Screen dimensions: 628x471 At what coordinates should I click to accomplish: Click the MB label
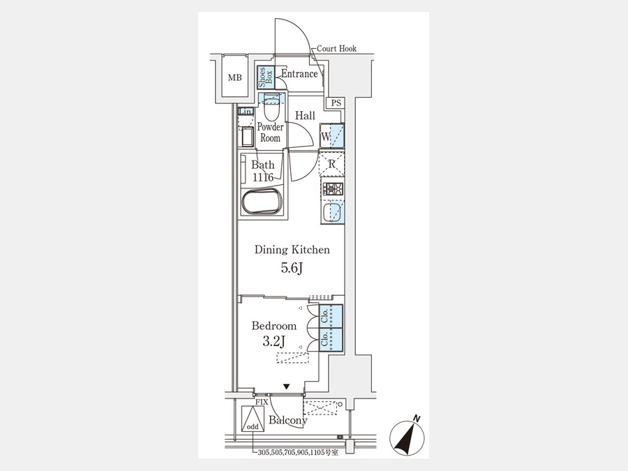pos(235,77)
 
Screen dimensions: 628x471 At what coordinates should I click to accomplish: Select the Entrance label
pos(299,74)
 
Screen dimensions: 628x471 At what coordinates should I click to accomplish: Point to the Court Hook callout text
pos(336,48)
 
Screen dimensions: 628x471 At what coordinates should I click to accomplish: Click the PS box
pos(336,103)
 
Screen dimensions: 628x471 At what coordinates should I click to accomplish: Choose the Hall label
pos(305,116)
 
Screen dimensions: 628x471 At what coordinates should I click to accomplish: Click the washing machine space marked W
pos(331,136)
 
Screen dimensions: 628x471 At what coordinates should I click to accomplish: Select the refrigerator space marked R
pos(331,163)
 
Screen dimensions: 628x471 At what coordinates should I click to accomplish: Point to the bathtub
pos(262,202)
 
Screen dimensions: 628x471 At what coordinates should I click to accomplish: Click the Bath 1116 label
pos(263,171)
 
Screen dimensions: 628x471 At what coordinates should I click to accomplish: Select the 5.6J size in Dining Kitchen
pos(291,268)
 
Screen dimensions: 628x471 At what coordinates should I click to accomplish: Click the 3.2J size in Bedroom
pos(274,341)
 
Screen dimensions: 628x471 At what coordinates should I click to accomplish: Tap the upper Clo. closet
pos(331,316)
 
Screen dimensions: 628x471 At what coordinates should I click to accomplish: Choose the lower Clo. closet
pos(331,340)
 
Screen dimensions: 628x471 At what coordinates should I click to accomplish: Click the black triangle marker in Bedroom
pos(286,387)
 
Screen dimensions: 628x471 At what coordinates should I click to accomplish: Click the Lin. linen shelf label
pos(246,112)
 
